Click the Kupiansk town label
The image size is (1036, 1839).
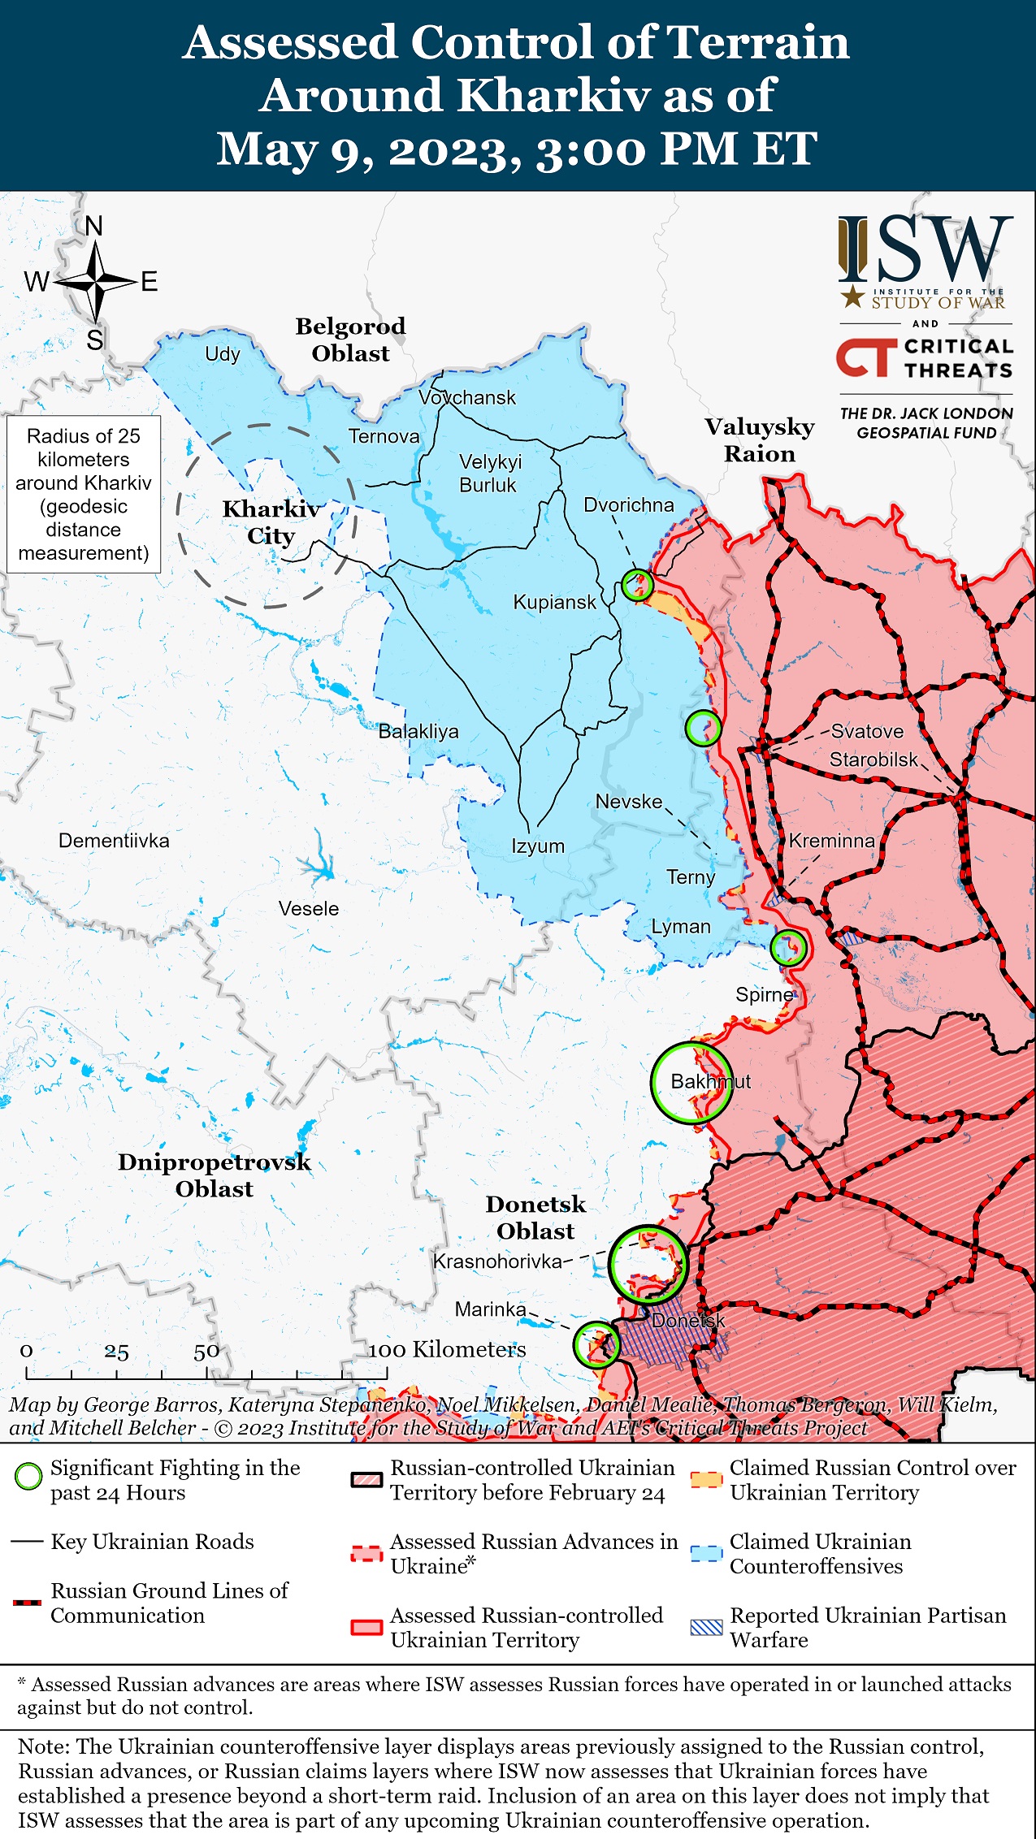pyautogui.click(x=554, y=602)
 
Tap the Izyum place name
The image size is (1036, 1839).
pyautogui.click(x=537, y=846)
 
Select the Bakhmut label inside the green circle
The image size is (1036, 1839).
pyautogui.click(x=710, y=1081)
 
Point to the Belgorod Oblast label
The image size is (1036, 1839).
pyautogui.click(x=350, y=340)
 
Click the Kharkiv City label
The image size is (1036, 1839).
pyautogui.click(x=271, y=522)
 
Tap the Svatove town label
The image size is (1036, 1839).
pyautogui.click(x=867, y=731)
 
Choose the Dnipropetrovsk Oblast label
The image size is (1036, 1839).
pyautogui.click(x=215, y=1175)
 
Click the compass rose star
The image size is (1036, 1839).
pyautogui.click(x=96, y=282)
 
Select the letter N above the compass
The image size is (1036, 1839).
pyautogui.click(x=94, y=226)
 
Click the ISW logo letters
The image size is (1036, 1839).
pyautogui.click(x=926, y=248)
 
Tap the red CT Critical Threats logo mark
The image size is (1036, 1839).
pyautogui.click(x=866, y=358)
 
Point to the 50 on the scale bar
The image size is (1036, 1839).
pyautogui.click(x=206, y=1352)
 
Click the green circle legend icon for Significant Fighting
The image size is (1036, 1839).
pyautogui.click(x=28, y=1477)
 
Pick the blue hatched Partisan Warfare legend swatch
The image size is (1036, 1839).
pyautogui.click(x=705, y=1627)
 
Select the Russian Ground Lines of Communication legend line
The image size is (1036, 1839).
pyautogui.click(x=28, y=1603)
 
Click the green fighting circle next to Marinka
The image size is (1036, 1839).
pyautogui.click(x=596, y=1344)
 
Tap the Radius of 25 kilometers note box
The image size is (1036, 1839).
pyautogui.click(x=84, y=494)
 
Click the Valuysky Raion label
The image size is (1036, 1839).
pyautogui.click(x=759, y=440)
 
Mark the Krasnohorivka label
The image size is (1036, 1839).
pyautogui.click(x=497, y=1261)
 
